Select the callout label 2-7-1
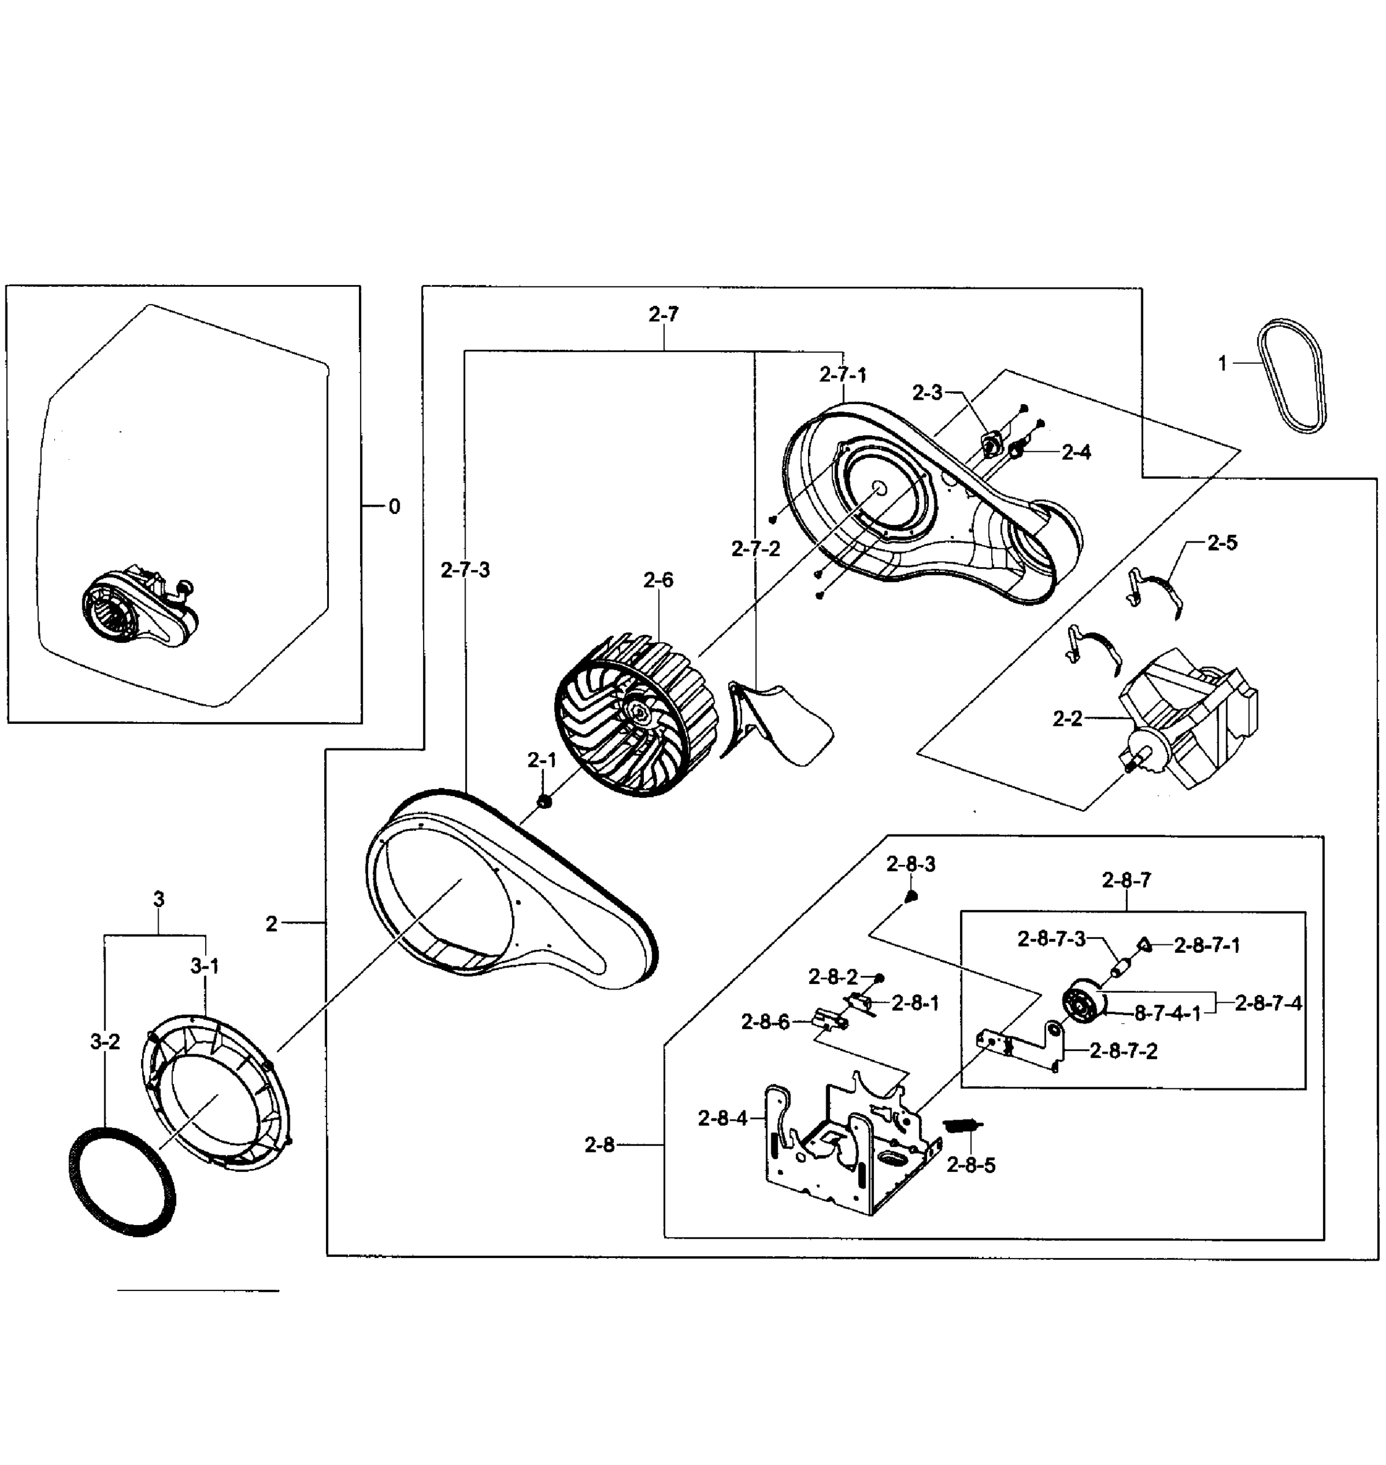point(843,375)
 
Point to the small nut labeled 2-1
point(544,801)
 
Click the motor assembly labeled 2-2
point(1189,720)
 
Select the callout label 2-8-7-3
point(1052,939)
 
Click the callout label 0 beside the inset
point(394,507)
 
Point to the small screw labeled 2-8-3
point(912,896)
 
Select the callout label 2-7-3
point(466,570)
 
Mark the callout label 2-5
point(1222,543)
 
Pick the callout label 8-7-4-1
point(1168,1014)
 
